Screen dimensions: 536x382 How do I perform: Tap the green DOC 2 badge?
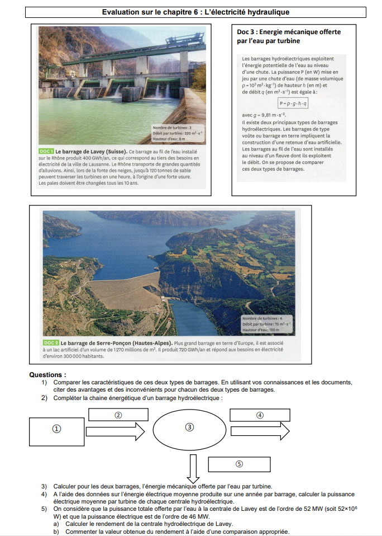[x=50, y=342]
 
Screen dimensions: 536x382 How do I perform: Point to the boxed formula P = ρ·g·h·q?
[x=293, y=103]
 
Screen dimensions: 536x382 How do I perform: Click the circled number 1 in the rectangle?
[x=56, y=429]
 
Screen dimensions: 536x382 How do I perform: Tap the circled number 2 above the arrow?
[x=118, y=415]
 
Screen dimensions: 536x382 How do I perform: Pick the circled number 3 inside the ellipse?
[x=189, y=427]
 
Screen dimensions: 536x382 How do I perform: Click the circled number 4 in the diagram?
[x=260, y=415]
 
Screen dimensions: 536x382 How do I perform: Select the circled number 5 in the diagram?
[x=239, y=464]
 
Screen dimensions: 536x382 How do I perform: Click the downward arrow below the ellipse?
[x=193, y=468]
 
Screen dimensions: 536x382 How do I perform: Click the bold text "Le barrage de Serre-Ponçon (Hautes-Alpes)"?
[x=116, y=342]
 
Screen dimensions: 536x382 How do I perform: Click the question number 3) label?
[x=44, y=486]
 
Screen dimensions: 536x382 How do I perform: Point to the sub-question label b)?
[x=56, y=532]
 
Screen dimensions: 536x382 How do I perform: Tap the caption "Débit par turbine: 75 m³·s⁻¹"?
[x=266, y=325]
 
